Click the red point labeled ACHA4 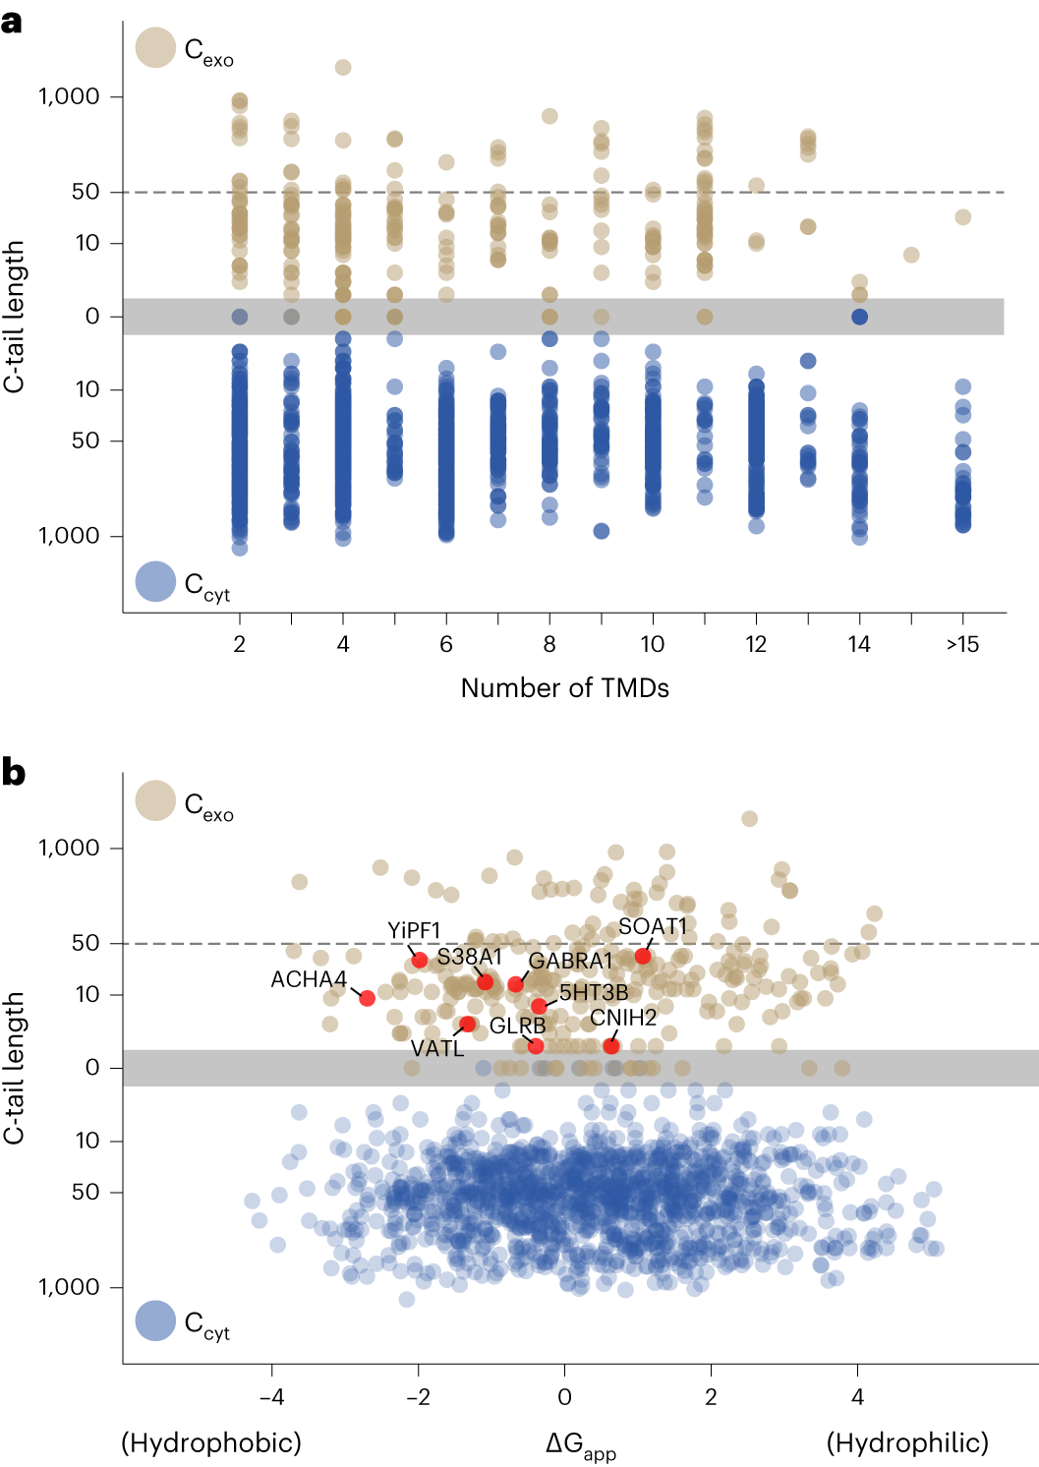[x=367, y=998]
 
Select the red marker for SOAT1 [x=643, y=956]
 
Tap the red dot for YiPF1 [x=420, y=960]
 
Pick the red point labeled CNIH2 [x=611, y=1045]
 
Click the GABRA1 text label [x=570, y=961]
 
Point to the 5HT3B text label [x=594, y=992]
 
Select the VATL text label [x=437, y=1048]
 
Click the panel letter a [x=12, y=22]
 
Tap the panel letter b [x=13, y=773]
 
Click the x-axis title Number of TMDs [x=564, y=688]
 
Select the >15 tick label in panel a [x=962, y=644]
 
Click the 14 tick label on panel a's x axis [x=859, y=644]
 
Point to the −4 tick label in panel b [x=271, y=1396]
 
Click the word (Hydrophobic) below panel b [x=211, y=1442]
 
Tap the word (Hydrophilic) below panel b [x=907, y=1442]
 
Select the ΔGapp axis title [x=580, y=1445]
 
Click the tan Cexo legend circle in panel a [x=155, y=47]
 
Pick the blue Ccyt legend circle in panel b [x=155, y=1321]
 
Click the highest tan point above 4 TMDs [x=343, y=67]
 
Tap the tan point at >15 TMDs [x=962, y=216]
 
